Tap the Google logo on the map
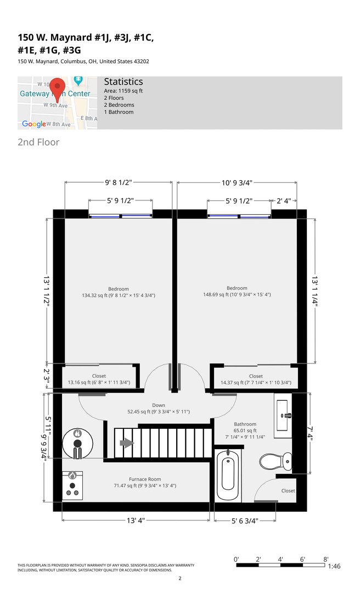pos(34,124)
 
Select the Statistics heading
pos(123,82)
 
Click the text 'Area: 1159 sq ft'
pos(123,91)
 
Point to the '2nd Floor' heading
pos(38,142)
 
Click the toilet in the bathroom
pos(276,461)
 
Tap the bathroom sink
pos(283,415)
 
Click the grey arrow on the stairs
pos(127,443)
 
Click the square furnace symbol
pos(72,485)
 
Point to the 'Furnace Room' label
pos(145,479)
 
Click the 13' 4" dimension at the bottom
pos(136,521)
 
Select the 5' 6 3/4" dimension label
pos(245,521)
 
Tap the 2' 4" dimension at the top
pos(284,201)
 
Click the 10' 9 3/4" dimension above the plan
pos(237,183)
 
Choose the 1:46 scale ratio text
pos(334,566)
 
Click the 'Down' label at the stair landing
pos(159,405)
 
